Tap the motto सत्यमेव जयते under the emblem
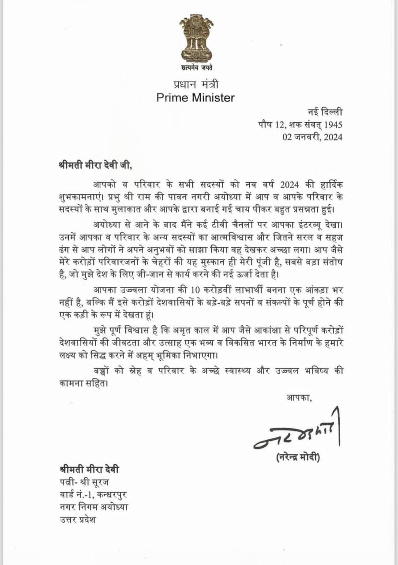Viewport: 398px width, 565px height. point(196,68)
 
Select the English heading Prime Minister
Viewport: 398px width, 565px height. point(195,98)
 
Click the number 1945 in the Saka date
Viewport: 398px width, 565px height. point(333,124)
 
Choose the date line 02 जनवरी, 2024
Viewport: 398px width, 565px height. point(312,137)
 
